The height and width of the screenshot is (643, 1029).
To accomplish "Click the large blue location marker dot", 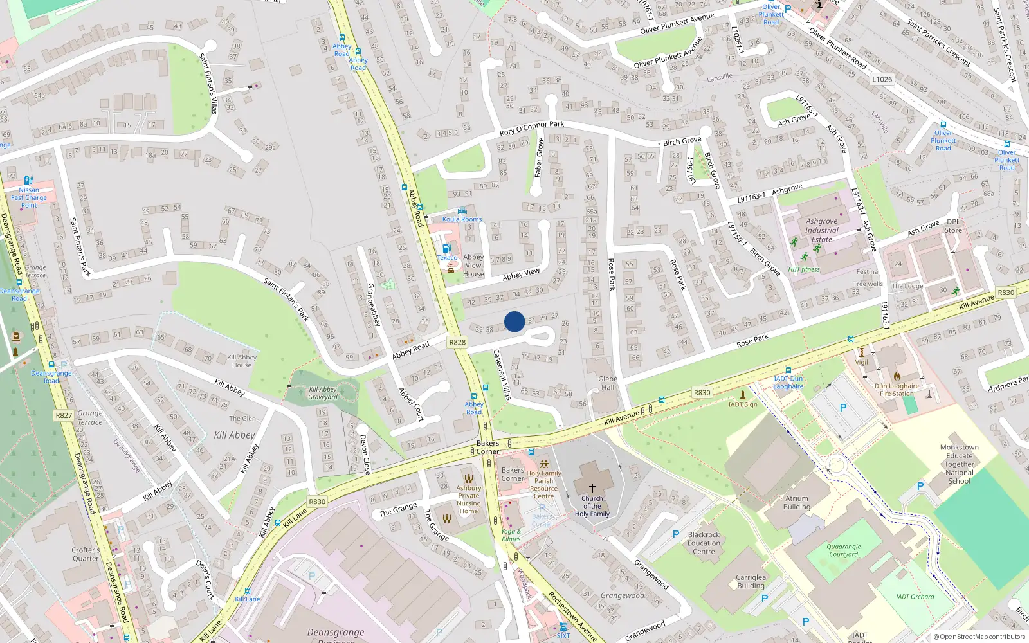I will pos(514,321).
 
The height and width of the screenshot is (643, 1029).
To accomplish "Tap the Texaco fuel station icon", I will pos(447,248).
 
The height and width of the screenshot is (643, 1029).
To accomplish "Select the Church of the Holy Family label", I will pos(592,506).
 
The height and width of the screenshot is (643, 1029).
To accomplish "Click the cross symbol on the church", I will pos(592,488).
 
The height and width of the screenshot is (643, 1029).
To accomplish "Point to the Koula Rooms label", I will pos(462,219).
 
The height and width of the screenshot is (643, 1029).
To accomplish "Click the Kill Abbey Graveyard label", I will pos(323,393).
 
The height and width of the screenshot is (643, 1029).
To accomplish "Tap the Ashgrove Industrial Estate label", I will pos(822,230).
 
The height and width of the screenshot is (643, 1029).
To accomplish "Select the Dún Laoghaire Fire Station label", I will pos(897,390).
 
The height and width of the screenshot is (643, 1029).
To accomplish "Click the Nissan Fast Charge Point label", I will pos(29,197).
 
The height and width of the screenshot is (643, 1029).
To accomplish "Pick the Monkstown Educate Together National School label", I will pos(959,464).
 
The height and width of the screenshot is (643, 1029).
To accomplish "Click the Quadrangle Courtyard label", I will pos(844,550).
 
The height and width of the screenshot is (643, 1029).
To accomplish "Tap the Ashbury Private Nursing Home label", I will pos(468,500).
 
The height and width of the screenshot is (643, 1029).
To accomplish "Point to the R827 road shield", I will pos(64,415).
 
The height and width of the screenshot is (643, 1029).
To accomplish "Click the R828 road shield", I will pos(457,342).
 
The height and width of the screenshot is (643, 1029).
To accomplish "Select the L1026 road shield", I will pos(882,79).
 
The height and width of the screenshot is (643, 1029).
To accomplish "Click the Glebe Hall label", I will pos(608,383).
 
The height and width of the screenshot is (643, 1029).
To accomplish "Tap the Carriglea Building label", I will pos(751,581).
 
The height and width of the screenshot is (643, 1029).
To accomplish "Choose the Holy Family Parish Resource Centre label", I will pos(543,484).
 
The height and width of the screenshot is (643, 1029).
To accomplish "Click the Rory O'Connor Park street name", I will pos(531,128).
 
